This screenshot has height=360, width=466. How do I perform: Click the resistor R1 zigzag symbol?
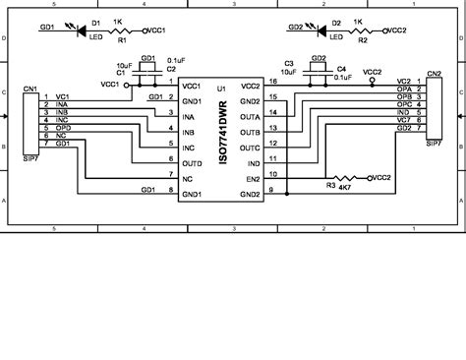point(119,30)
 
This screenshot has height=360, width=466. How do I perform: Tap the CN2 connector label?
point(434,74)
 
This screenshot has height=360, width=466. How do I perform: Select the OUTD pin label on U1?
point(194,162)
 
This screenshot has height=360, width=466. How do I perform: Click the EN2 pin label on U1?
point(252,179)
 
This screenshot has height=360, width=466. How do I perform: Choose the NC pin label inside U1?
point(188,179)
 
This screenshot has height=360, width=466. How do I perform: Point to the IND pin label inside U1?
point(253,162)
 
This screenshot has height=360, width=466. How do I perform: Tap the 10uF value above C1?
point(122,65)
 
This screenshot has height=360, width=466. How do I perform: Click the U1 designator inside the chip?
point(222,89)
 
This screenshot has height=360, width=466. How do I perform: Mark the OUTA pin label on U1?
point(249,115)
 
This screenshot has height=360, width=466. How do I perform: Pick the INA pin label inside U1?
point(189,115)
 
